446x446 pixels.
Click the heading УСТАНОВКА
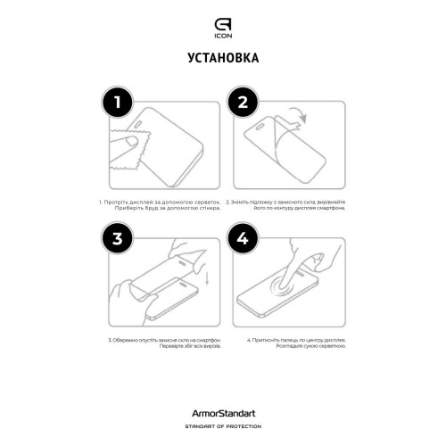point(223,59)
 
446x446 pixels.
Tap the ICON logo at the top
point(223,19)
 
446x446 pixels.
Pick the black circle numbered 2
point(243,103)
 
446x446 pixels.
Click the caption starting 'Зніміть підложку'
point(290,206)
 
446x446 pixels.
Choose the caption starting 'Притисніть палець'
point(290,344)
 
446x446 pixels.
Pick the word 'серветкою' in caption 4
point(313,348)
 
